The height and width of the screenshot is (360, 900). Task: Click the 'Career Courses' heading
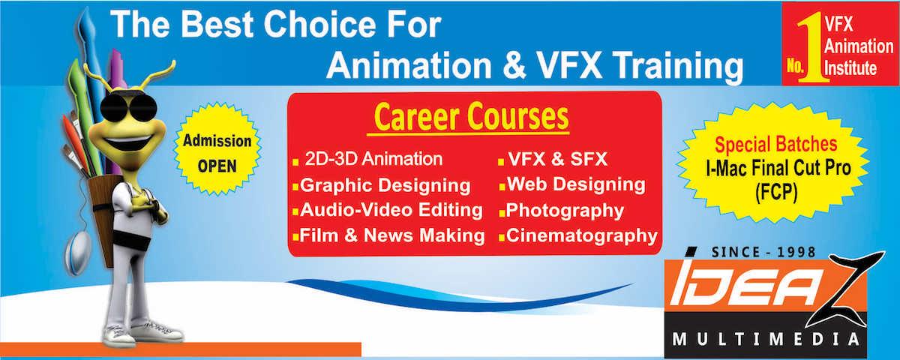pyautogui.click(x=471, y=117)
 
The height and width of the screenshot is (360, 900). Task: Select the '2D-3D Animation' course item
pyautogui.click(x=373, y=159)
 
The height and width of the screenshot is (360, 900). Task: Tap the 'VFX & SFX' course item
pyautogui.click(x=558, y=159)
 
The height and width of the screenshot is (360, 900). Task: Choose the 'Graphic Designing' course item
pyautogui.click(x=385, y=185)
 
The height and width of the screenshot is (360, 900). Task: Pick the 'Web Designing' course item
pyautogui.click(x=576, y=184)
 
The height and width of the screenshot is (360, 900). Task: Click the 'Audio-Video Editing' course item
pyautogui.click(x=391, y=210)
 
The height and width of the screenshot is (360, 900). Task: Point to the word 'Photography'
pyautogui.click(x=565, y=211)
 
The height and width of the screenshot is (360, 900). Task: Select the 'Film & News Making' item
pyautogui.click(x=392, y=235)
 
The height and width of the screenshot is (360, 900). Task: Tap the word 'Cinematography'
pyautogui.click(x=582, y=235)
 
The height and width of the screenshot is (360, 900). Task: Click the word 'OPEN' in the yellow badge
pyautogui.click(x=217, y=166)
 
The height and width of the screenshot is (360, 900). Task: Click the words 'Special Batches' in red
pyautogui.click(x=775, y=144)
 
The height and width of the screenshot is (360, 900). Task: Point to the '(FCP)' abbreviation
pyautogui.click(x=776, y=193)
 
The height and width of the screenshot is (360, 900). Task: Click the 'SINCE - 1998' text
pyautogui.click(x=763, y=252)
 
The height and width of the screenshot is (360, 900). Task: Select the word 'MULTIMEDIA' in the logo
pyautogui.click(x=766, y=340)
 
